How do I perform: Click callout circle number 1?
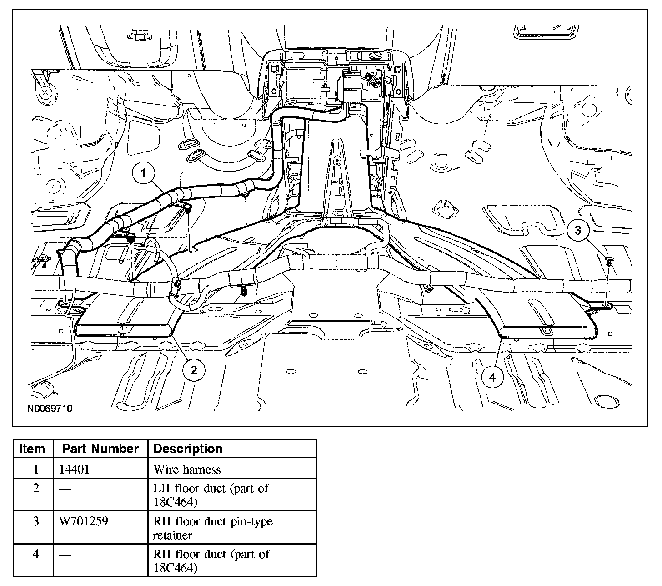[x=144, y=173]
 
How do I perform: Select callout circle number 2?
[x=194, y=369]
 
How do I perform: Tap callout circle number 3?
[x=578, y=230]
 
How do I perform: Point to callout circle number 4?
[x=493, y=377]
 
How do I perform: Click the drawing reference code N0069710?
[x=50, y=408]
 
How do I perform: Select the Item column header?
[x=32, y=449]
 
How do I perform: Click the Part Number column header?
[x=100, y=449]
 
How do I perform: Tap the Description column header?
[x=188, y=449]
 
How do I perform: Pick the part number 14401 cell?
[x=75, y=469]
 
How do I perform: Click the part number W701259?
[x=84, y=521]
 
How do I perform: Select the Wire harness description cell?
[x=187, y=469]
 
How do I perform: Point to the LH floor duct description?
[x=211, y=495]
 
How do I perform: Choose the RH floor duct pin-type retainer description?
[x=213, y=528]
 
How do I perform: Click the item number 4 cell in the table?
[x=36, y=554]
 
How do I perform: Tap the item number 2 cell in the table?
[x=36, y=488]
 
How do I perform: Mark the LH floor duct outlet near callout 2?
[x=125, y=330]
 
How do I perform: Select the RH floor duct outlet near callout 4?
[x=548, y=332]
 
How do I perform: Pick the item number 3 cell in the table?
[x=36, y=521]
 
